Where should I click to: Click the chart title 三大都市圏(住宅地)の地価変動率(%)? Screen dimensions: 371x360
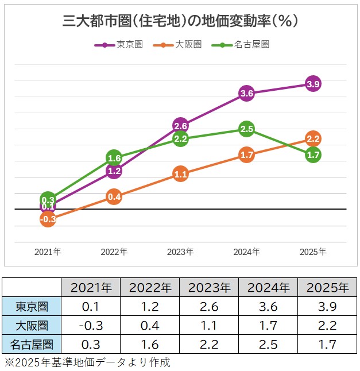pos(180,21)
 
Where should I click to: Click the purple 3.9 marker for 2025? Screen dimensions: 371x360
pos(313,84)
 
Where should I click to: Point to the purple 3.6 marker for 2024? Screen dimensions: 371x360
pos(247,93)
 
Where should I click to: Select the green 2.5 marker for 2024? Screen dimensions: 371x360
pos(247,129)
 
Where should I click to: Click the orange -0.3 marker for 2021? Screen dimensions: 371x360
pos(48,219)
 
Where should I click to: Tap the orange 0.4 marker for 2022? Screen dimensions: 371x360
pos(114,197)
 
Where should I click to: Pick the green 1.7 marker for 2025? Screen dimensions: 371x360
pos(313,154)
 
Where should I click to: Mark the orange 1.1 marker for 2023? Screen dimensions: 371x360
pos(180,174)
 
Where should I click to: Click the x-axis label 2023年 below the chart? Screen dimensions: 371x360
pos(180,252)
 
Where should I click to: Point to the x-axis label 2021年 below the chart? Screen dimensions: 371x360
pos(48,252)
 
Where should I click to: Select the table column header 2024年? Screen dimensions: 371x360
pos(268,287)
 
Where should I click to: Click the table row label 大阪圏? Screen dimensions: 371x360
pos(32,326)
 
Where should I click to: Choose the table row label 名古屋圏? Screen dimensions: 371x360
pos(32,345)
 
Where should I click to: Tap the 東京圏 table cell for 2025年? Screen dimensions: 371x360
pos(327,306)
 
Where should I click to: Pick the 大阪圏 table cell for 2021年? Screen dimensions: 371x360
pos(90,326)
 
